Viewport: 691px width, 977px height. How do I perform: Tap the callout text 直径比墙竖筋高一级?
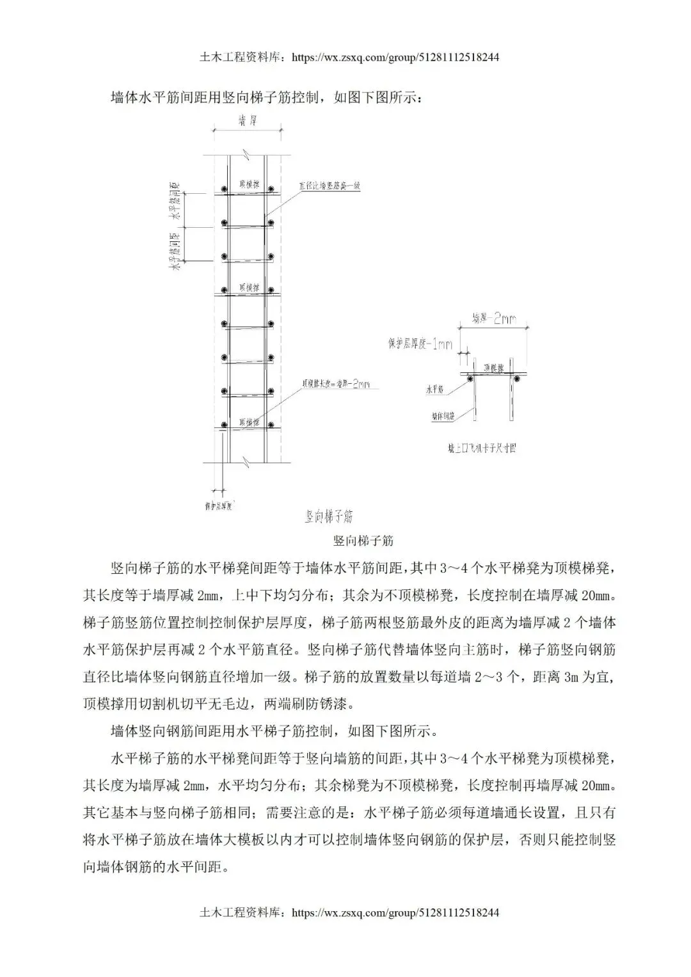tap(331, 186)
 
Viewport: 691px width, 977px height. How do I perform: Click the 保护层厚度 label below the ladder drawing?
tap(218, 506)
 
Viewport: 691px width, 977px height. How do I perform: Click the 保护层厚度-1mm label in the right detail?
tap(419, 344)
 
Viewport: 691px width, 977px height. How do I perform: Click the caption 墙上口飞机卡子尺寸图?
tap(482, 449)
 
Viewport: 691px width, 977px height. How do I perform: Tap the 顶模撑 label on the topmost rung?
tap(249, 184)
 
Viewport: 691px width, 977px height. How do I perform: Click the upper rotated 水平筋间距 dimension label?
tap(173, 203)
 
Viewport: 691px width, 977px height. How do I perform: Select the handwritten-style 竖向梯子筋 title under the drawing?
tap(329, 516)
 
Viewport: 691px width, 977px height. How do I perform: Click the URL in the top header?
tap(395, 58)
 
